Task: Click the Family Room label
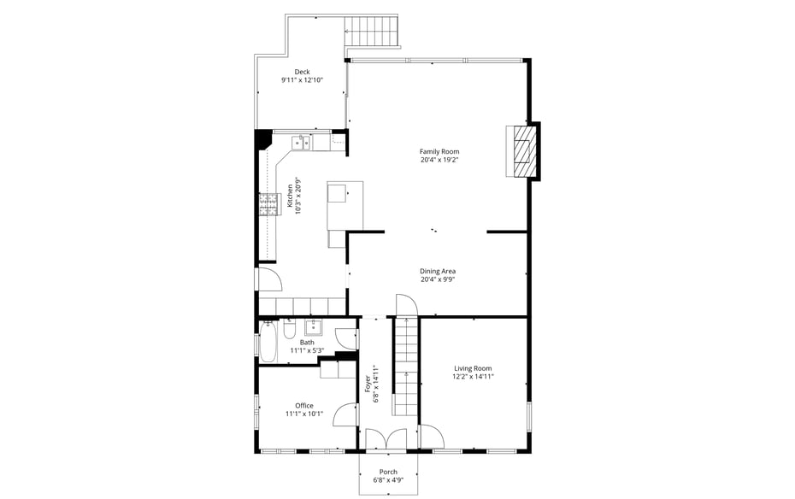(x=439, y=151)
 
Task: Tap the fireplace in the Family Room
(x=521, y=151)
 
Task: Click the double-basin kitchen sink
(x=301, y=143)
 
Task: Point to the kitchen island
(x=345, y=205)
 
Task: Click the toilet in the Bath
(x=290, y=328)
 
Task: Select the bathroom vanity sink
(x=313, y=326)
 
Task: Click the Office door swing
(x=344, y=414)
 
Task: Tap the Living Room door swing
(x=432, y=437)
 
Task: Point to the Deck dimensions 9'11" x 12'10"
(x=302, y=80)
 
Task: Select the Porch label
(x=388, y=472)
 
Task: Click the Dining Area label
(x=437, y=271)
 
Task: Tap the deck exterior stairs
(x=372, y=32)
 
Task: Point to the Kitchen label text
(x=290, y=197)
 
